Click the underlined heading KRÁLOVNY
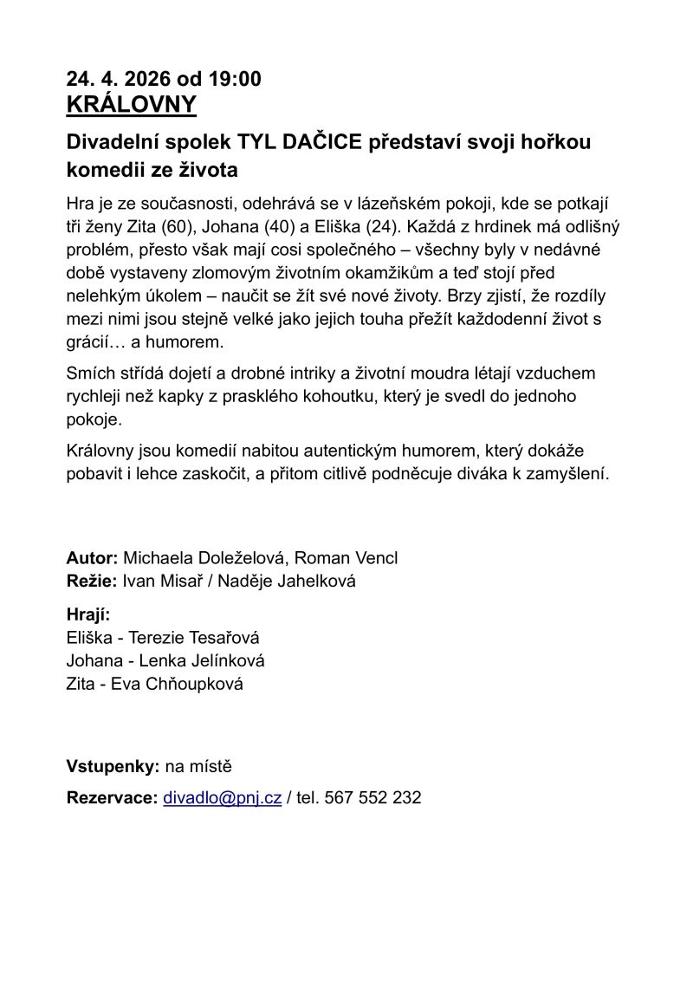click(132, 105)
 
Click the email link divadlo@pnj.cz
click(222, 798)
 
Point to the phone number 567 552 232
click(372, 798)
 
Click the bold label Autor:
click(92, 558)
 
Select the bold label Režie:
click(92, 581)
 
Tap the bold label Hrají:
click(88, 615)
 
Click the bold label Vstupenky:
click(113, 766)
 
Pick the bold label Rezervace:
click(112, 798)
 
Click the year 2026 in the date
click(147, 79)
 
